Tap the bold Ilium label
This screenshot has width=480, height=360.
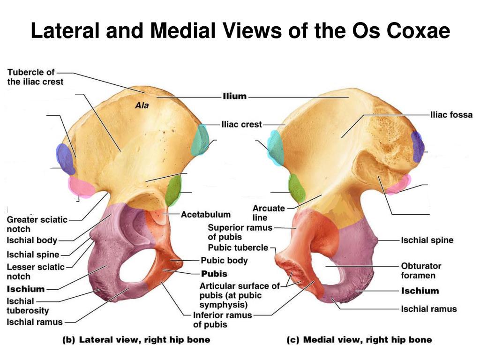coord(234,96)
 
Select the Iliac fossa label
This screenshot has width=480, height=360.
coord(451,115)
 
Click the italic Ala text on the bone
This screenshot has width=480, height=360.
coord(142,105)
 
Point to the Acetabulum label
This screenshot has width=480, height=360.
coord(206,214)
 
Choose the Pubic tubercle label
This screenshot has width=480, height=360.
coord(238,247)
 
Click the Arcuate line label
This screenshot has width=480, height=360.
coord(269,213)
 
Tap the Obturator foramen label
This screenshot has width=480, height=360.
coord(421,270)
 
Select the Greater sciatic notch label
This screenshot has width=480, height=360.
coord(37,225)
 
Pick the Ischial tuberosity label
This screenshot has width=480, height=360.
coord(28,306)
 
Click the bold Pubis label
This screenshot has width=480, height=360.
coord(214,274)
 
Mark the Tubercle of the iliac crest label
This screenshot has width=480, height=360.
coord(35,77)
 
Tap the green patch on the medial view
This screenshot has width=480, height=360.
coord(297,188)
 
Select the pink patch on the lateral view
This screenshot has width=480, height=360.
coord(81,186)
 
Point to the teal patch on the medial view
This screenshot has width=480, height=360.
coord(276,148)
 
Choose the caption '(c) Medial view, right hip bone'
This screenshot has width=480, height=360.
coord(359,340)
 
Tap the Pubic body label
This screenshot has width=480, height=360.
coord(224,261)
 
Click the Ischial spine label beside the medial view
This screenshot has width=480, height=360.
coord(427,240)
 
